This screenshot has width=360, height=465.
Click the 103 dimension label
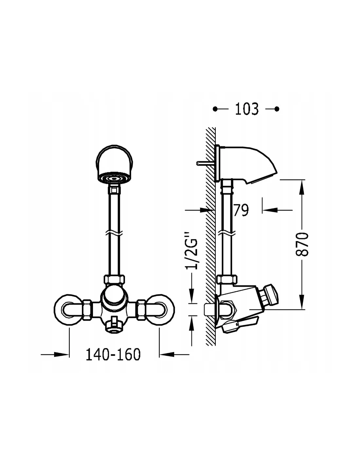[247, 109]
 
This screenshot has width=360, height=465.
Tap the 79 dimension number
[241, 210]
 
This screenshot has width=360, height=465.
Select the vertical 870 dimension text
[302, 244]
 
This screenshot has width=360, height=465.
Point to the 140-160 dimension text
[113, 354]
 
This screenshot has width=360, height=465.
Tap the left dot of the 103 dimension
[215, 109]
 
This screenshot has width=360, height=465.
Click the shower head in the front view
[114, 164]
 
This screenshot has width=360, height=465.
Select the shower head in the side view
[248, 164]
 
